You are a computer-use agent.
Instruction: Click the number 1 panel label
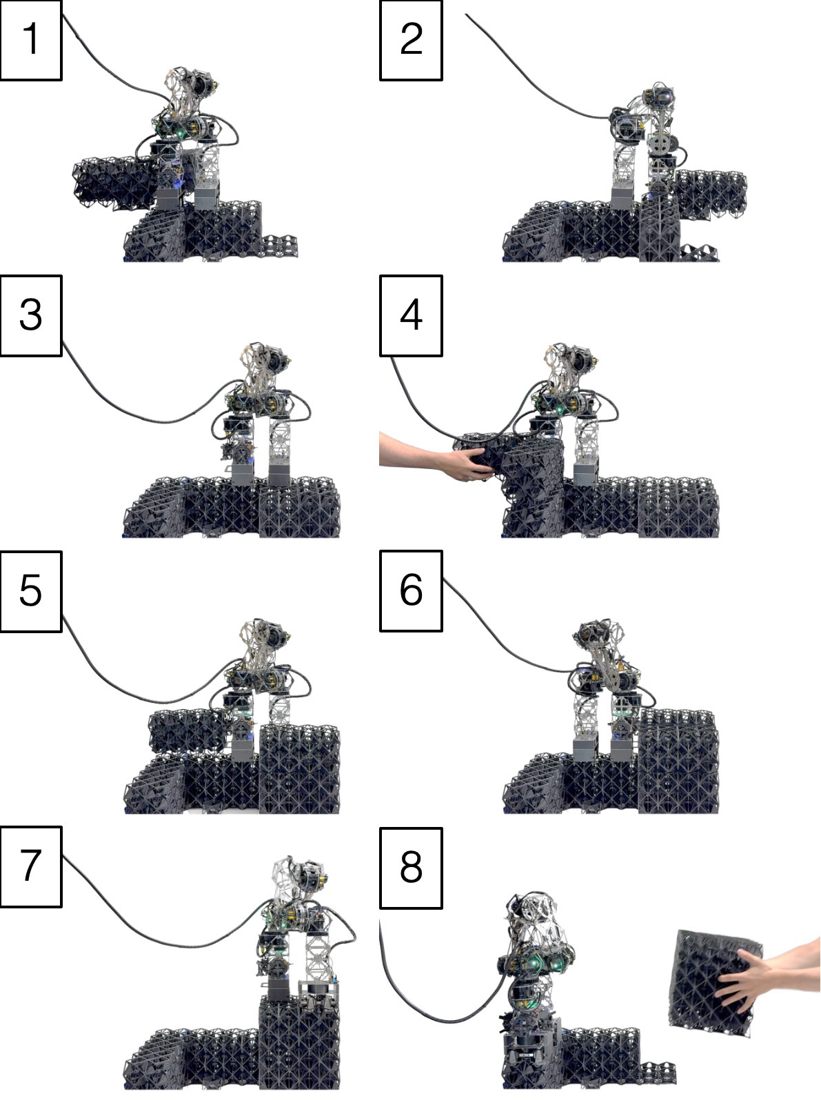tap(31, 40)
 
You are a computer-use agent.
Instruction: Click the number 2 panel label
tap(411, 40)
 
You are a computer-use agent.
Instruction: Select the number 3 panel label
tap(31, 315)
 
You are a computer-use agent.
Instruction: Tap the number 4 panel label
tap(411, 315)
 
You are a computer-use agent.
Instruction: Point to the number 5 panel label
tap(31, 591)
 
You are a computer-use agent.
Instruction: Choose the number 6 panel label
tap(411, 591)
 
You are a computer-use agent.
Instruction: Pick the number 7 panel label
tap(31, 867)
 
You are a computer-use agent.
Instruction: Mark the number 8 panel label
tap(411, 868)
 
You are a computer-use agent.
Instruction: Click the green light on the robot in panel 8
tap(535, 961)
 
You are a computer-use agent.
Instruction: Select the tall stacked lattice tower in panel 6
tap(678, 761)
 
